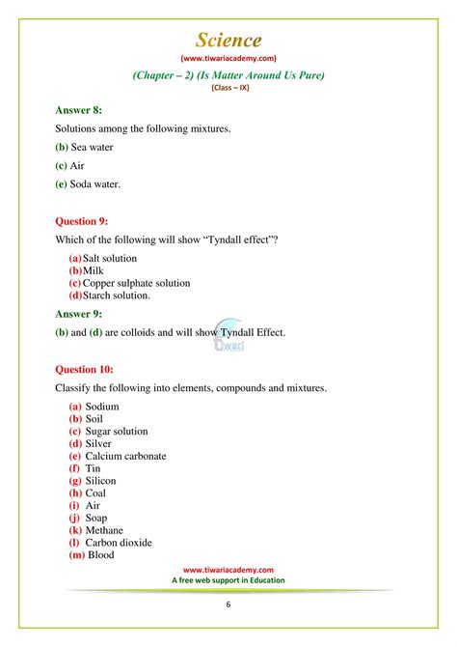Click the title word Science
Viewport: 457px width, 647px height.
[x=228, y=40]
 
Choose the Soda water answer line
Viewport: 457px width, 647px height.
[x=95, y=183]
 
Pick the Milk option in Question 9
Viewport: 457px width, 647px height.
[x=94, y=271]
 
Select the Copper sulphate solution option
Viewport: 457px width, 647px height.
[x=136, y=283]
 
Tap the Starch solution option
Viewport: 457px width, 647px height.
[x=117, y=295]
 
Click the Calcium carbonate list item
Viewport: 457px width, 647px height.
[x=125, y=456]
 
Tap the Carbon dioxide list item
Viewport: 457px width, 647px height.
[x=119, y=542]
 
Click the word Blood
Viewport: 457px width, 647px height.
[x=101, y=554]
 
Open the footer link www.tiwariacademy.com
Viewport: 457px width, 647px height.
[x=228, y=571]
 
